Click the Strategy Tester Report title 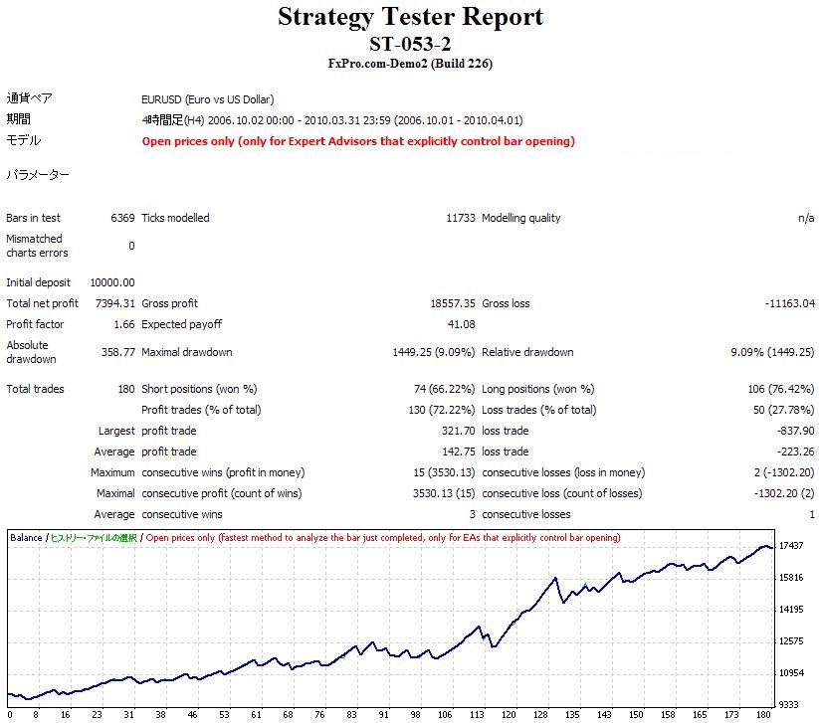[x=409, y=17]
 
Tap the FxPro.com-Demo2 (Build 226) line [x=409, y=64]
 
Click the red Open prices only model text [x=358, y=141]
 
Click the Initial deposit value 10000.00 [x=111, y=282]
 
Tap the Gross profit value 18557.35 [x=452, y=303]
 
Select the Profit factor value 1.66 [x=123, y=324]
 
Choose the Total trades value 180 [x=125, y=389]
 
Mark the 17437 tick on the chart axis [x=792, y=546]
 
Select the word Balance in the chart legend [x=26, y=538]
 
